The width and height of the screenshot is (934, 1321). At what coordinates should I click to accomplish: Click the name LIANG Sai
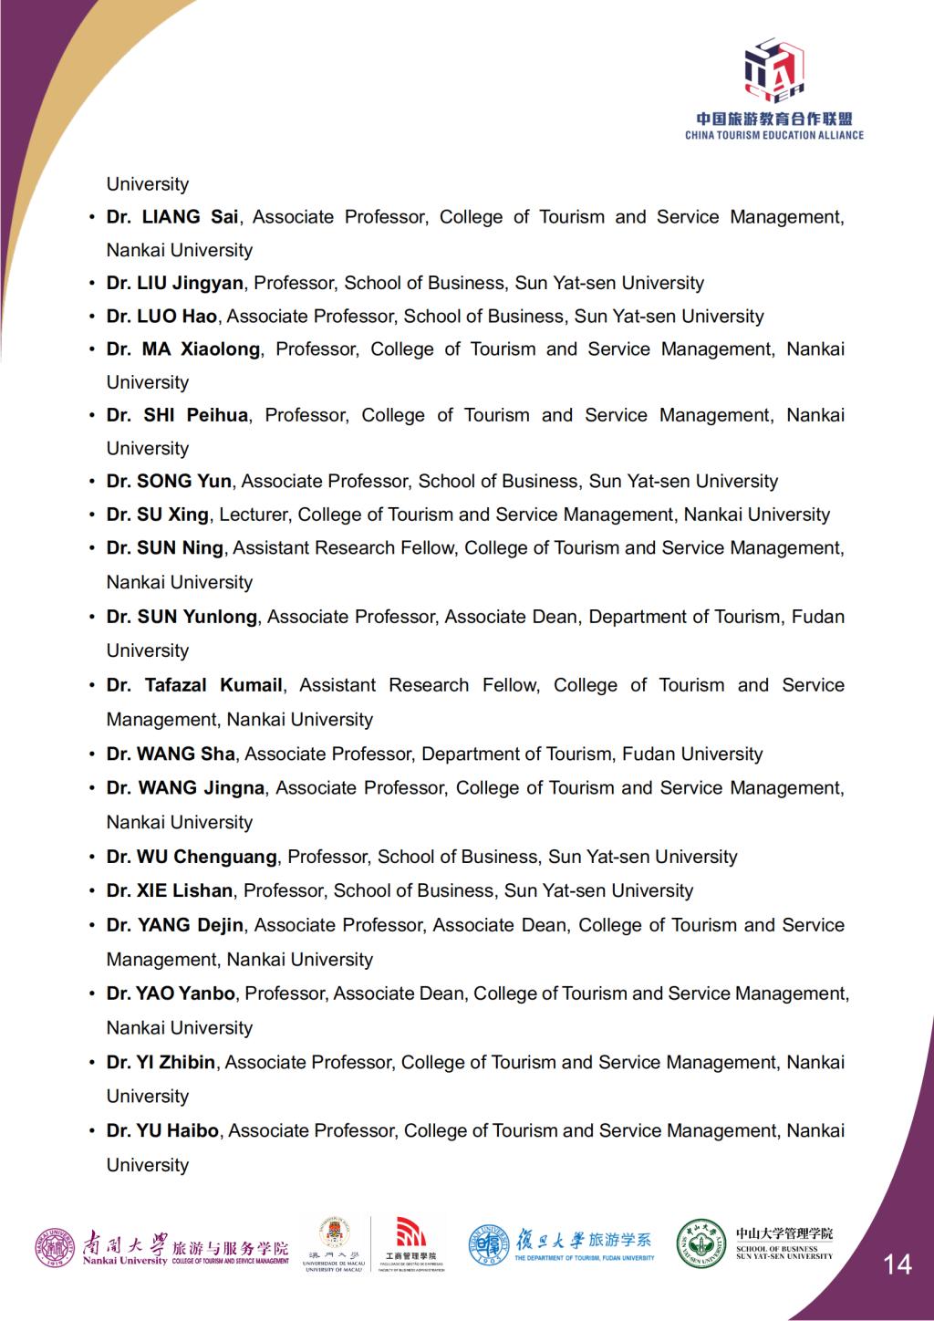(x=189, y=217)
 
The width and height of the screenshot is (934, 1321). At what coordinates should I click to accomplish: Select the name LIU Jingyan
(x=191, y=283)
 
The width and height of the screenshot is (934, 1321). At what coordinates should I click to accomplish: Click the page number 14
(x=898, y=1264)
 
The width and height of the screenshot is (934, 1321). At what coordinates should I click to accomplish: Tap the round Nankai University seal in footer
(x=56, y=1247)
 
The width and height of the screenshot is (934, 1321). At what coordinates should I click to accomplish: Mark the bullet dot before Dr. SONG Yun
(x=92, y=482)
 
